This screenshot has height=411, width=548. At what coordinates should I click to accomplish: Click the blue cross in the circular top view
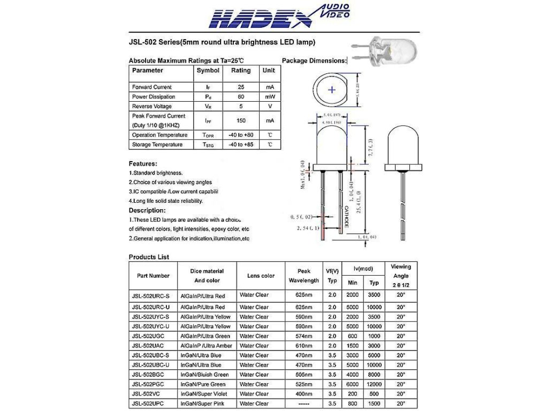pos(332,90)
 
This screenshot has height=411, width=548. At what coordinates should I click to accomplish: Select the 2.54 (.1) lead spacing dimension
pos(308,228)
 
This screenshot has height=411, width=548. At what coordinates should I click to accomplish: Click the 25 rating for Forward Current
pos(241,87)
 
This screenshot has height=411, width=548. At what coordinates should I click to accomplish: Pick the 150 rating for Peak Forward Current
pos(241,120)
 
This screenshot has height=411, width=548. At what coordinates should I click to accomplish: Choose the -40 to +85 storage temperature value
pos(241,144)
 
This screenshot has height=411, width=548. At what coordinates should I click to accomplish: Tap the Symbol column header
pos(208,70)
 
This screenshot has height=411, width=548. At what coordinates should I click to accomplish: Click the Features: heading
pos(143,163)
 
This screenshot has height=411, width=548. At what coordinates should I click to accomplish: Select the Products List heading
pos(149,257)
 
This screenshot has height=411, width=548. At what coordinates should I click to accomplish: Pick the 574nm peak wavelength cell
pos(303,336)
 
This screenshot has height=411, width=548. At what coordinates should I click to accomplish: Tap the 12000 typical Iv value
pos(374,384)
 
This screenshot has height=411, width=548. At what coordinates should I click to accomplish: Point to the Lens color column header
pos(261,276)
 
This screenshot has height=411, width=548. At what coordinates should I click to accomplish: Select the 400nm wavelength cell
pos(303,394)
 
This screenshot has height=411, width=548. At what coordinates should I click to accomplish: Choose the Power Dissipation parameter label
pos(154,97)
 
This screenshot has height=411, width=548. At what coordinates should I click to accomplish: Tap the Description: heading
pos(147,210)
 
